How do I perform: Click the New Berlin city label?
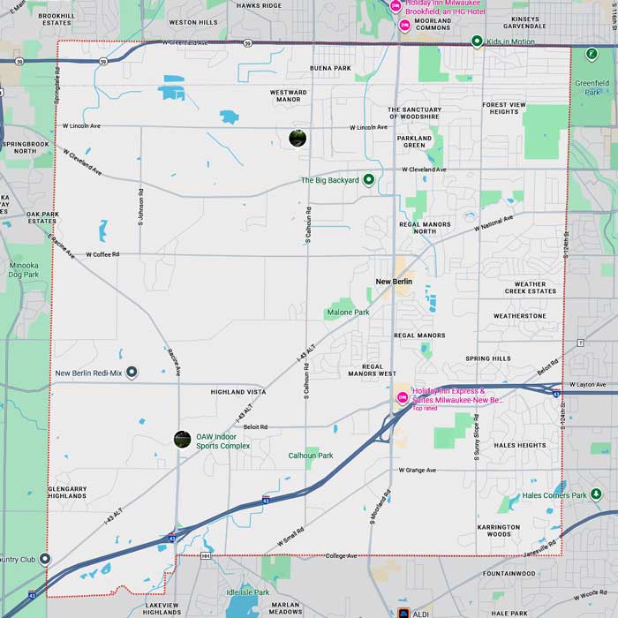[394, 282]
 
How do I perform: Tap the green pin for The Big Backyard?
[369, 180]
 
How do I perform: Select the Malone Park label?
[348, 313]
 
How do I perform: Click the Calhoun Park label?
[311, 456]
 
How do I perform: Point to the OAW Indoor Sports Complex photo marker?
[183, 438]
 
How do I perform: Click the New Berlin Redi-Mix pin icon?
[132, 373]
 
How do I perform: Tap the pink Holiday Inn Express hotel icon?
[403, 397]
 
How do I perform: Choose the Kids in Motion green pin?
[477, 41]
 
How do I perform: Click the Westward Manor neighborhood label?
[289, 95]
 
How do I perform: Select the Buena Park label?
[330, 68]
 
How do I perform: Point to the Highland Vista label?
[237, 391]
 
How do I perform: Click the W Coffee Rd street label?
[102, 254]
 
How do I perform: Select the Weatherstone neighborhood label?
[520, 315]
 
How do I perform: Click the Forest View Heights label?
[504, 108]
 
